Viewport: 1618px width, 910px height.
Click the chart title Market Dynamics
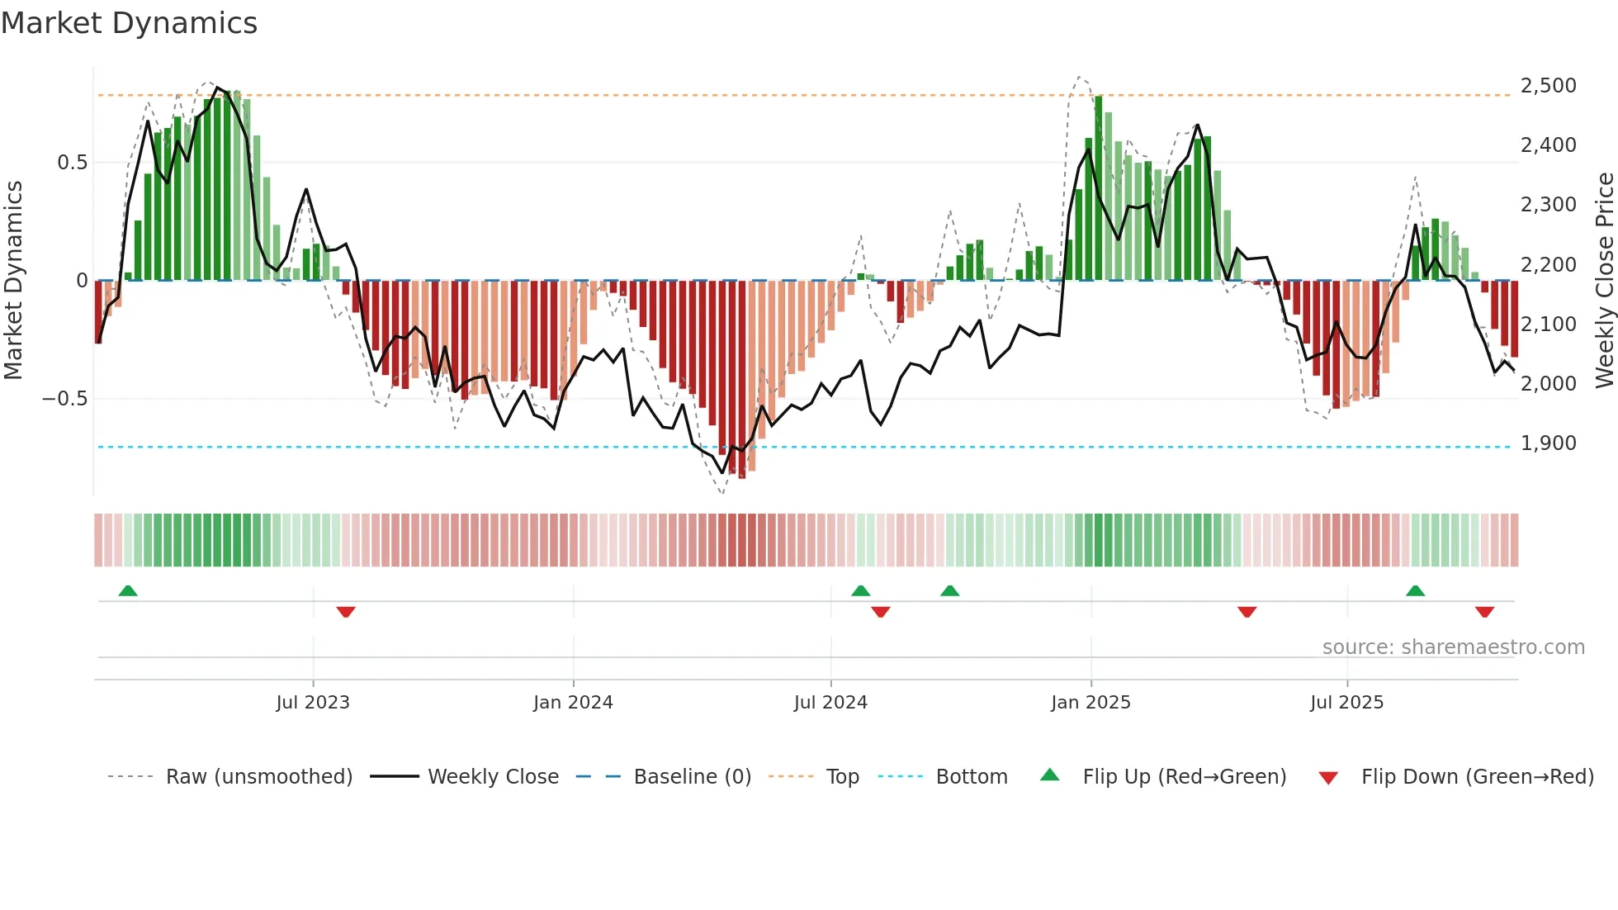130,23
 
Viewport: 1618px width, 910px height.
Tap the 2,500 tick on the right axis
1548,86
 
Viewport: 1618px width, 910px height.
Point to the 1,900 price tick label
1548,443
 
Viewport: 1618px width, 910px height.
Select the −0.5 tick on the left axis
64,399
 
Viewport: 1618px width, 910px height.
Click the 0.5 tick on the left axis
72,163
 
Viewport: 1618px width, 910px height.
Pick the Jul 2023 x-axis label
313,703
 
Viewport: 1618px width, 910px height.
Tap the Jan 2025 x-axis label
1090,703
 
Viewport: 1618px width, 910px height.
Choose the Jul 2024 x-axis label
830,703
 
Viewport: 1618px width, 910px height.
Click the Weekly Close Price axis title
1604,281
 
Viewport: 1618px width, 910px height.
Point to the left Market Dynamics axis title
13,281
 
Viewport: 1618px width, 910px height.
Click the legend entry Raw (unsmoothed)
258,777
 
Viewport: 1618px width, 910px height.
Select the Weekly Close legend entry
493,777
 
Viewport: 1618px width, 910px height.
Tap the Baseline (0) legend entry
692,777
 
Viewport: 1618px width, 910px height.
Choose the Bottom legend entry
971,777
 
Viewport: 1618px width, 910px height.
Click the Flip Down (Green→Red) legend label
1477,777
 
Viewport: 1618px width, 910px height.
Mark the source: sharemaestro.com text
1453,647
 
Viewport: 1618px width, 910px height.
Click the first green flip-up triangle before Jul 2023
128,591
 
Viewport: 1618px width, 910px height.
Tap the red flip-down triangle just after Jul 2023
346,612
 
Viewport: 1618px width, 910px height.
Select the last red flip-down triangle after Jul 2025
1484,612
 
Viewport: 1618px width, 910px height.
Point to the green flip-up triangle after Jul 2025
1415,591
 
